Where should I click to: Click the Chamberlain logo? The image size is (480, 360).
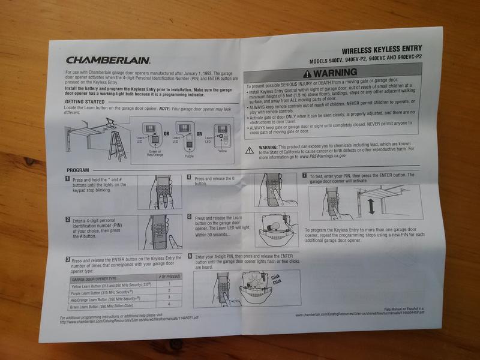[x=108, y=60]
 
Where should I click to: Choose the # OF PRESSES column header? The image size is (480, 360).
[x=170, y=276]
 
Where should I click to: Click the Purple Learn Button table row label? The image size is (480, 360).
[x=102, y=290]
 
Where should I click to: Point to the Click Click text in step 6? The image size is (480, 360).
[x=275, y=278]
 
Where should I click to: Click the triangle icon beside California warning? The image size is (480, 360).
[x=250, y=150]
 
